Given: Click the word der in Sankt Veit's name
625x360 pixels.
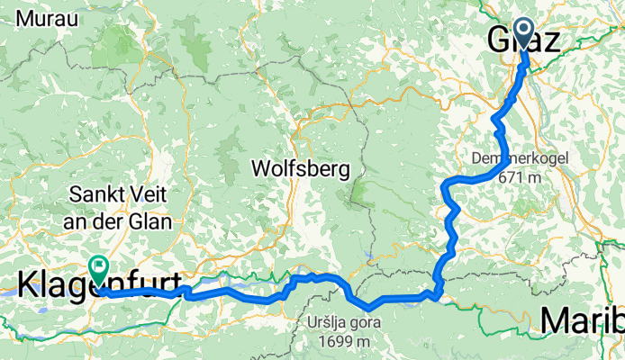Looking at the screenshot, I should point(116,220).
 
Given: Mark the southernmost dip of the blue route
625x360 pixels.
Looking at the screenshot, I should point(367,311).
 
